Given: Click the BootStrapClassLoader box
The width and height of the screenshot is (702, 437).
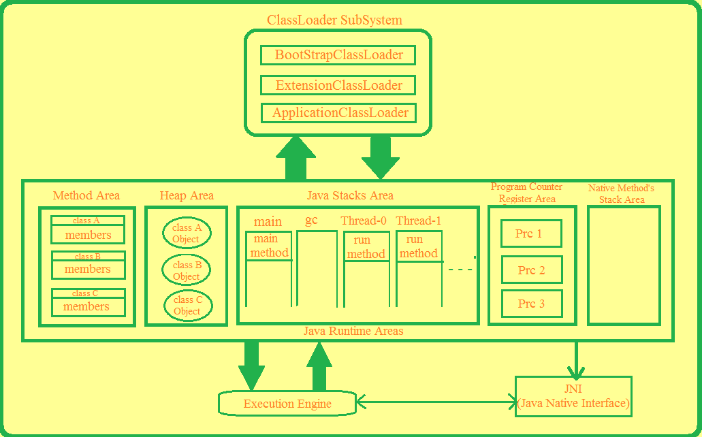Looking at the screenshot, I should [338, 55].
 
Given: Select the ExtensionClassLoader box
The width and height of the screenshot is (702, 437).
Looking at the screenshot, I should [338, 85].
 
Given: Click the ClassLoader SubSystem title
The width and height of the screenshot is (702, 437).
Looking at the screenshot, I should [334, 20].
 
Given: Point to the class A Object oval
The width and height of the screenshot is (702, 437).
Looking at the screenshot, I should [187, 233].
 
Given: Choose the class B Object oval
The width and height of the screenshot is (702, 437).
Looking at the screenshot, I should [187, 270].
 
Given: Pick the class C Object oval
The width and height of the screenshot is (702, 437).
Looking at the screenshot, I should [188, 305].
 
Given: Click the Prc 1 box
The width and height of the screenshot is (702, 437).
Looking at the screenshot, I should [531, 233].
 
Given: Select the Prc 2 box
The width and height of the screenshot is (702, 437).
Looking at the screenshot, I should [532, 270].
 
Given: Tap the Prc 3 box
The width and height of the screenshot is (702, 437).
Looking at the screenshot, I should [532, 304].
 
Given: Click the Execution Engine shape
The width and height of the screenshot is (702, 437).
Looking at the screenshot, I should [287, 404].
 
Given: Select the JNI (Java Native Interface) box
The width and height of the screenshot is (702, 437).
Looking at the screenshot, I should [573, 396].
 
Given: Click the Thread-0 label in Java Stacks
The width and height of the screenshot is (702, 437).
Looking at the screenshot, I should [364, 221].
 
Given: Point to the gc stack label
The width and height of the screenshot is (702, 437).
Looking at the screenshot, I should [311, 221].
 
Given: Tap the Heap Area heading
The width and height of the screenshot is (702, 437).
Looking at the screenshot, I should [187, 195].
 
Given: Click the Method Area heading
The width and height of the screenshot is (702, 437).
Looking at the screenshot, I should [86, 195].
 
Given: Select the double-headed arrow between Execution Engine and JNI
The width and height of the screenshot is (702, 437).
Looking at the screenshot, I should [436, 402].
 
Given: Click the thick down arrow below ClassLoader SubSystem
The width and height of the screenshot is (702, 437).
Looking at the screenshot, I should [380, 158].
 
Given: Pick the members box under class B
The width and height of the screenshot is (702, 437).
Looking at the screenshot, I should [88, 269].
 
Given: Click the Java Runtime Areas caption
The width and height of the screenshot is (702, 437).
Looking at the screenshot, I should [353, 331].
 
